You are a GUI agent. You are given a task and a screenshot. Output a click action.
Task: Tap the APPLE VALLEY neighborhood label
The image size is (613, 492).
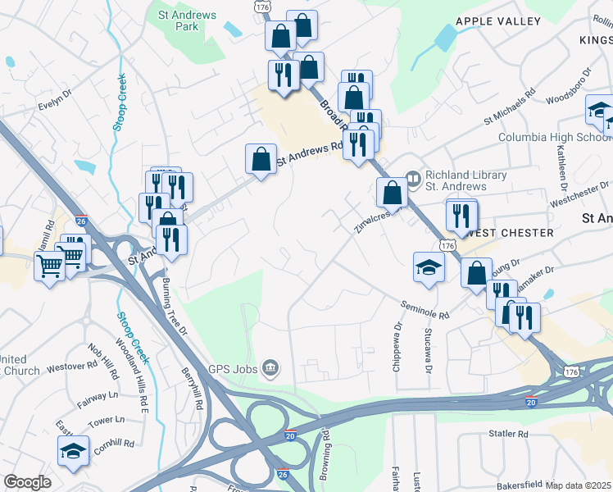tap(498, 20)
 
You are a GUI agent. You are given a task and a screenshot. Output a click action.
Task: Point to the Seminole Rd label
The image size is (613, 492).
tap(425, 310)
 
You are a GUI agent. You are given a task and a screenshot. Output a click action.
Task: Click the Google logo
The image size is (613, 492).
tap(27, 482)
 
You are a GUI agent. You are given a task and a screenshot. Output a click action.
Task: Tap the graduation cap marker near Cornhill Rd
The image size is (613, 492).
tap(73, 451)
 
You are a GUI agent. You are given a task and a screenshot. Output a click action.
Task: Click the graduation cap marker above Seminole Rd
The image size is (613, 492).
tap(429, 266)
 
